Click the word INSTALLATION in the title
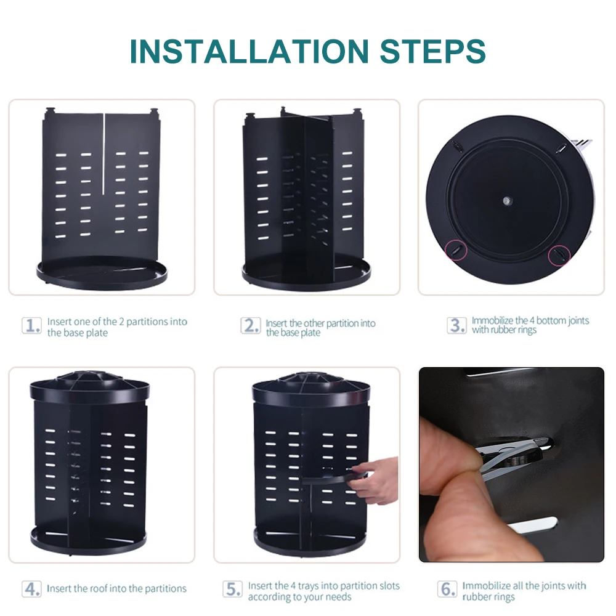click(249, 51)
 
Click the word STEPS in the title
click(433, 51)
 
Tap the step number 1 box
click(31, 325)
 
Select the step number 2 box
click(250, 326)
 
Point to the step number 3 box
click(457, 325)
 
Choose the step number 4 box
click(31, 588)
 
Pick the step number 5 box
click(232, 589)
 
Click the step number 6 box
click(447, 589)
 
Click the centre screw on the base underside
click(506, 201)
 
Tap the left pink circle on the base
click(456, 249)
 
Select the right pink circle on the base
click(559, 256)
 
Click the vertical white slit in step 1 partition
click(103, 153)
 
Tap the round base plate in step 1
click(102, 273)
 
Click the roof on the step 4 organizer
click(89, 387)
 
